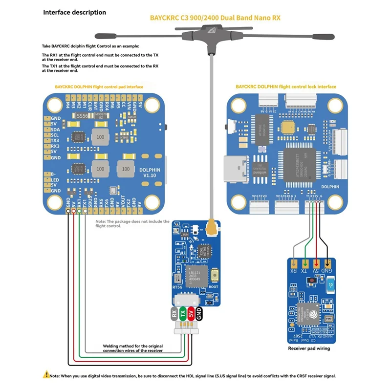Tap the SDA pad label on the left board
[x=55, y=130]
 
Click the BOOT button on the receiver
[x=213, y=279]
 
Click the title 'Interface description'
[x=74, y=12]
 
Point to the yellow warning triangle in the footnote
[x=46, y=375]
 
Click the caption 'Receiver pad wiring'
[x=309, y=348]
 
